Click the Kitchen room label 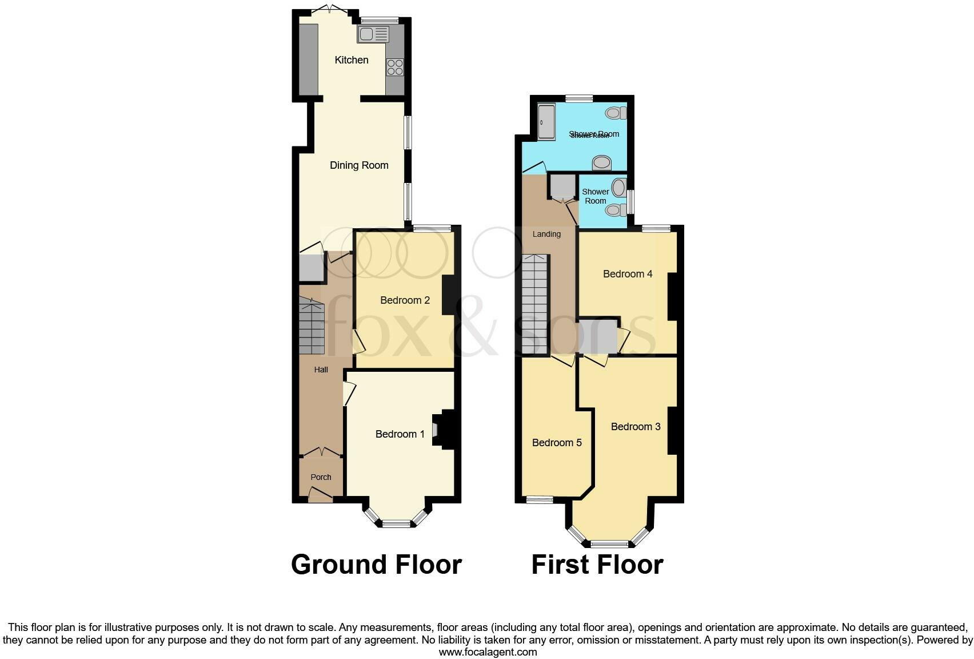tap(351, 60)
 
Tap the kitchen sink tap(373, 35)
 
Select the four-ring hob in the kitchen tap(395, 68)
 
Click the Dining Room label tap(359, 165)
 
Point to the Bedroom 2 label tap(405, 300)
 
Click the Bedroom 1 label tap(400, 434)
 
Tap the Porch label tap(321, 477)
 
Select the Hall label tap(321, 370)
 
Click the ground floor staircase tap(312, 328)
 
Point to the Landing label tap(546, 234)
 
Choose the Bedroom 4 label tap(627, 274)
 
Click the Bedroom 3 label tap(635, 427)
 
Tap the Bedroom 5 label tap(556, 443)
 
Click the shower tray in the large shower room tap(546, 122)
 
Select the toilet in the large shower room tap(615, 113)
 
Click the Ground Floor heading tap(376, 565)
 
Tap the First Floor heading tap(597, 565)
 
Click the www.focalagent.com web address tap(488, 652)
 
